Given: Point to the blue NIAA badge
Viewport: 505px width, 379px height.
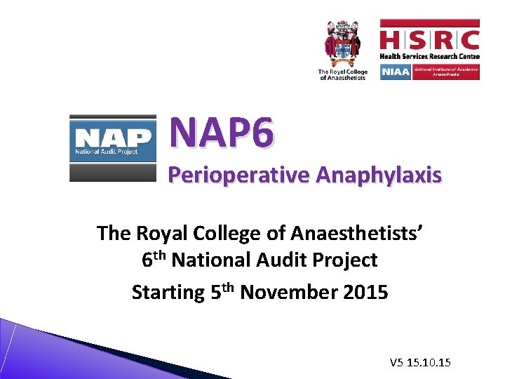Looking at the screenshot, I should coord(396,72).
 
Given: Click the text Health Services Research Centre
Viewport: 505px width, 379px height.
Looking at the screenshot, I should coord(429,56).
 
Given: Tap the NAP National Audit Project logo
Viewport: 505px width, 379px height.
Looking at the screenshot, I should coord(112,148).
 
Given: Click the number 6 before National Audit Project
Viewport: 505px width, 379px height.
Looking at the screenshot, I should coord(147,260).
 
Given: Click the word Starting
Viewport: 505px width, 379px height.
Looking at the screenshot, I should coord(168,292).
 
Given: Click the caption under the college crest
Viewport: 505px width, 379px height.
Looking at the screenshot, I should coord(342,74).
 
